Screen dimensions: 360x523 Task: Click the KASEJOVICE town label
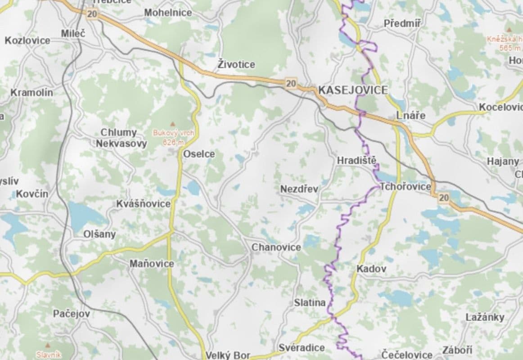(352, 90)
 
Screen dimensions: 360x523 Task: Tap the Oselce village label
(199, 154)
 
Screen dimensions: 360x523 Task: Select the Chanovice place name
(276, 247)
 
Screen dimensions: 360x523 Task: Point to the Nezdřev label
(299, 189)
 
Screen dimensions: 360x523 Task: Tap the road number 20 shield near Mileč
(92, 14)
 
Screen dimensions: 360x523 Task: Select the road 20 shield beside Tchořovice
(443, 198)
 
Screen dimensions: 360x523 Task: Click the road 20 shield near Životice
(291, 83)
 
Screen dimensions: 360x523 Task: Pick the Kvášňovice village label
(143, 204)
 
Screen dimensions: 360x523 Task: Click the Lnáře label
(410, 116)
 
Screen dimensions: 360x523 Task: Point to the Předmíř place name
(402, 23)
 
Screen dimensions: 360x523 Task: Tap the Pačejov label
(71, 314)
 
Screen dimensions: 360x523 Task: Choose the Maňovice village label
(151, 264)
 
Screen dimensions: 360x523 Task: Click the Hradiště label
(356, 161)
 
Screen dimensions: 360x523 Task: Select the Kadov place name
(371, 269)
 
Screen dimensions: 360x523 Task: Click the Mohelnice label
(168, 13)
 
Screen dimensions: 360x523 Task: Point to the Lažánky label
(485, 317)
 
